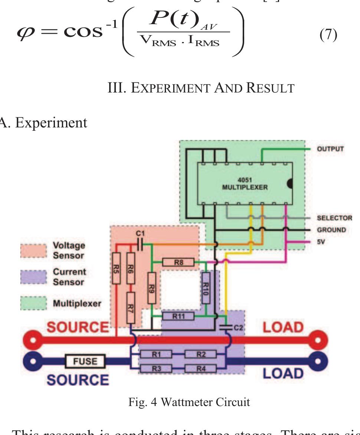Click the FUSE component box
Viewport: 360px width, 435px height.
pos(85,361)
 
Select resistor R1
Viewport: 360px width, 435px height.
pos(156,354)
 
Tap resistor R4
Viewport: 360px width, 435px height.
pos(200,369)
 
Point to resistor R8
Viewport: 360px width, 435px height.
pos(179,263)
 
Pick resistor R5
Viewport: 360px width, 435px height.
pos(117,268)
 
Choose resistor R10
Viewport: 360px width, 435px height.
pos(206,288)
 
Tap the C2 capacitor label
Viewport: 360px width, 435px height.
pos(238,328)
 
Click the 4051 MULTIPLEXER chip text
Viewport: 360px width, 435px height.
pos(245,184)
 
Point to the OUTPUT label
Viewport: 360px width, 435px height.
pos(330,149)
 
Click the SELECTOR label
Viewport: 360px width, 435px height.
pos(334,218)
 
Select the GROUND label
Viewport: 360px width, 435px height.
pos(331,230)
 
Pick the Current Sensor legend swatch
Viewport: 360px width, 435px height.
pos(33,277)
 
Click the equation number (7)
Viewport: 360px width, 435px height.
pos(328,35)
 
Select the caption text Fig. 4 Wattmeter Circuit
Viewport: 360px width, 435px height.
pos(189,402)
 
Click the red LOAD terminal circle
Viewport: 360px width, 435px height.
pos(318,340)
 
